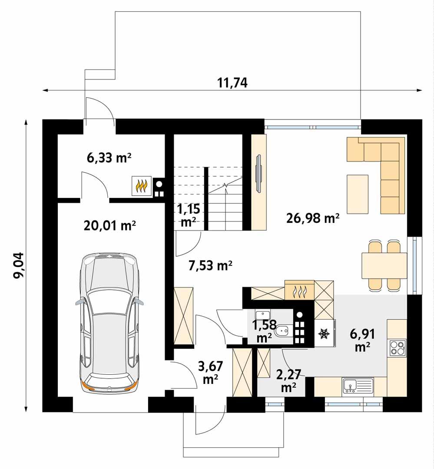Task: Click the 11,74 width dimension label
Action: [x=232, y=83]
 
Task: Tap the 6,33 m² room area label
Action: [x=109, y=159]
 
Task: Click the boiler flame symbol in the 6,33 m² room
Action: [x=142, y=187]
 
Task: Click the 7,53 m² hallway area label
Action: [x=210, y=265]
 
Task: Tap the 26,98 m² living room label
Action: [x=313, y=218]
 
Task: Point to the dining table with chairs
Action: [x=384, y=265]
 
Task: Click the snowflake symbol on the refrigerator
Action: [x=323, y=334]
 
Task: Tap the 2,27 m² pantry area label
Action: [x=288, y=380]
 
